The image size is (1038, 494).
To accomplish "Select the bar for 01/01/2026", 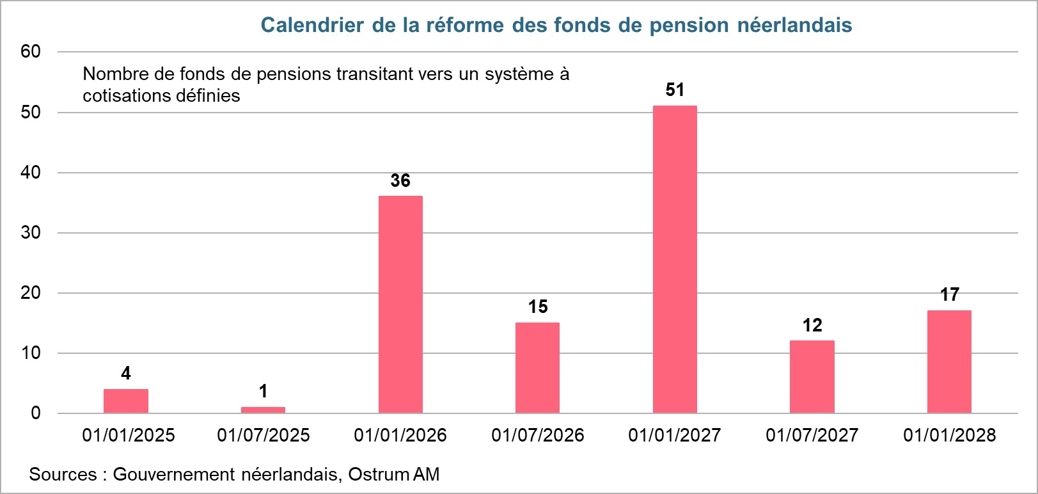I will [x=400, y=304].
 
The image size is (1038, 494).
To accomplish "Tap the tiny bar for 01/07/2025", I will [x=263, y=410].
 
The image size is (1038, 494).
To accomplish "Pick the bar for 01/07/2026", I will [x=537, y=368].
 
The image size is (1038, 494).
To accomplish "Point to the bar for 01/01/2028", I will [x=949, y=362].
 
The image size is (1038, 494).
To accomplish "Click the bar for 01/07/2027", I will [x=812, y=377].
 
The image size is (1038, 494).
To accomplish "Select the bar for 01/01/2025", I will [x=126, y=401].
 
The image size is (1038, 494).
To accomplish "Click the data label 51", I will [x=675, y=90].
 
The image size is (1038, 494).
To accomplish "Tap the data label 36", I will [x=400, y=180].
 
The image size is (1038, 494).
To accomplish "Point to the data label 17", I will [x=949, y=294].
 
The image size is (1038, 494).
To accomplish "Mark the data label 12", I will [x=812, y=325].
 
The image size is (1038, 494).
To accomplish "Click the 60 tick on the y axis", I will [x=31, y=52].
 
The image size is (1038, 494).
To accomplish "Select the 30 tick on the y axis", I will [x=31, y=232].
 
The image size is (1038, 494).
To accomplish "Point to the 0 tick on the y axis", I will [x=36, y=413].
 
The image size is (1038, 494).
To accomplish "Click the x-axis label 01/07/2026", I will [x=537, y=435].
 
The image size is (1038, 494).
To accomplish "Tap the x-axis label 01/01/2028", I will [x=949, y=435].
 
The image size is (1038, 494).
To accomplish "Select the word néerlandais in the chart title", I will [x=794, y=25].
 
